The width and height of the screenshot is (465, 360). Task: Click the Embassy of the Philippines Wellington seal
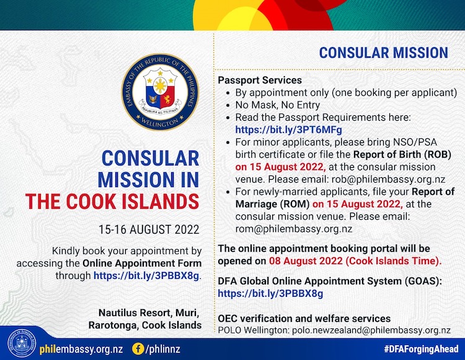click(161, 93)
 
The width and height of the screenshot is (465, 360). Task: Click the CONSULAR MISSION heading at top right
click(384, 51)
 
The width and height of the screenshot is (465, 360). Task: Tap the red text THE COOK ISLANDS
click(112, 201)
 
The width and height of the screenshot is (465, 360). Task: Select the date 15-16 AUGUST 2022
click(149, 229)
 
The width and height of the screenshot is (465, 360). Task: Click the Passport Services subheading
click(260, 80)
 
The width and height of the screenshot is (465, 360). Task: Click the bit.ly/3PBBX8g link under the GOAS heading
click(270, 293)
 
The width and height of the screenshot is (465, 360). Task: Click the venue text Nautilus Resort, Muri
click(149, 312)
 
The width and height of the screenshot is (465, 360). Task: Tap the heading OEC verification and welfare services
click(304, 318)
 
